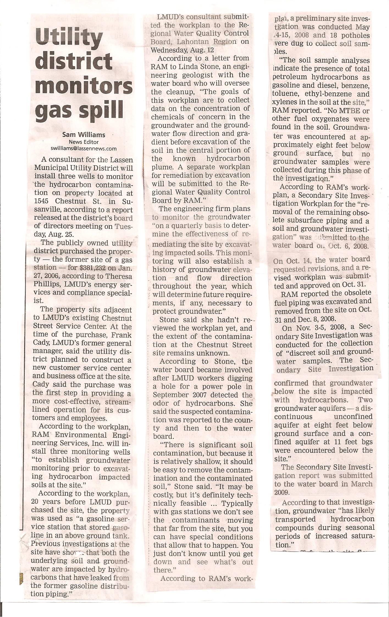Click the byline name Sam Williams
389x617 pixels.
pyautogui.click(x=84, y=135)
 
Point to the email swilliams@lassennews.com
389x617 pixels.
pyautogui.click(x=84, y=149)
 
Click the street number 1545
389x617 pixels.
pyautogui.click(x=43, y=201)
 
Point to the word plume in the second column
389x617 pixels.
pyautogui.click(x=163, y=167)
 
